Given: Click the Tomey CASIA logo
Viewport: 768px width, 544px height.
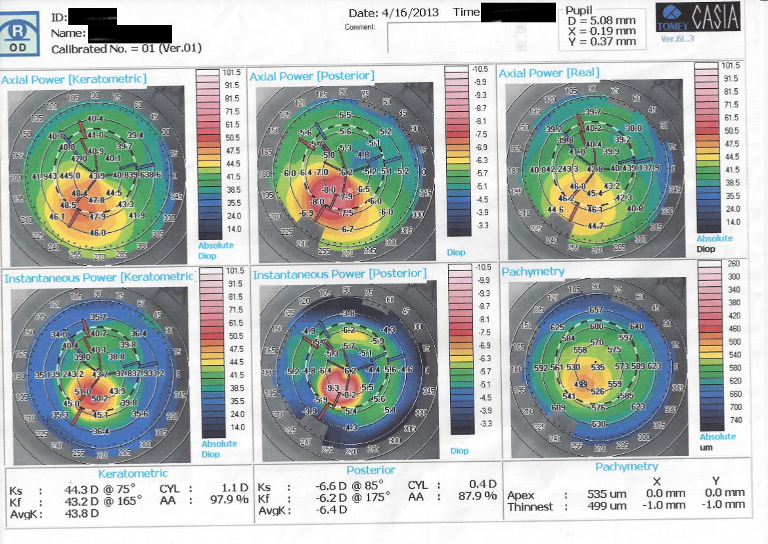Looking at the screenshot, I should coord(698,19).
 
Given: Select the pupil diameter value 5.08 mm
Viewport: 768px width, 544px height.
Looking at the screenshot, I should coord(610,21).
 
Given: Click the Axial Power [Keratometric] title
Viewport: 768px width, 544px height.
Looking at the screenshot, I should coord(74,80).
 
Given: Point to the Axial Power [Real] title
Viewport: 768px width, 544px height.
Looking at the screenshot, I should coord(549,72).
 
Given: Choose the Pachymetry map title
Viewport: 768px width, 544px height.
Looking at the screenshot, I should coord(533,271).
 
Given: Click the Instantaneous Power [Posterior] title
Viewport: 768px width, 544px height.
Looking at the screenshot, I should coord(340,274).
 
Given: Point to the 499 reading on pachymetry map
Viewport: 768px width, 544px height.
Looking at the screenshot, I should coord(581,384).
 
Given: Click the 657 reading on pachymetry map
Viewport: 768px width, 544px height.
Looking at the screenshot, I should coord(597,310).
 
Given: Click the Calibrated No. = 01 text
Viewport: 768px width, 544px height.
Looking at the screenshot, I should coord(126,49).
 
